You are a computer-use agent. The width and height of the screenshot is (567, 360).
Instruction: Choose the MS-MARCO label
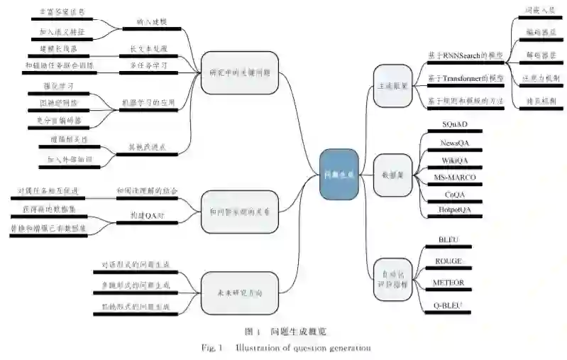454,177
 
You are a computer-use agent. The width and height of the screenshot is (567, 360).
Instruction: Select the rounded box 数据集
392,174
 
